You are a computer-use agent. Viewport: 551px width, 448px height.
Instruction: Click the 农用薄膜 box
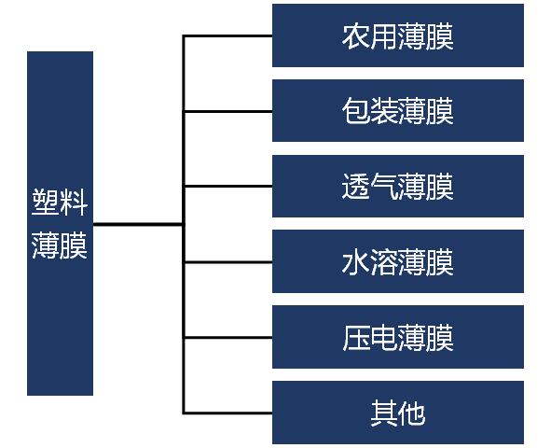point(398,35)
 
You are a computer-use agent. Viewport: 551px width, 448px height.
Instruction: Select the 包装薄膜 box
point(398,111)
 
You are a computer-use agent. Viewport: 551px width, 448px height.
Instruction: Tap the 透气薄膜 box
point(398,186)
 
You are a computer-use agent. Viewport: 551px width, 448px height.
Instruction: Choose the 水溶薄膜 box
point(398,261)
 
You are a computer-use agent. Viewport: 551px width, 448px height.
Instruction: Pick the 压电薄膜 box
point(398,337)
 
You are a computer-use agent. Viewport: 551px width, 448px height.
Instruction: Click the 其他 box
point(398,413)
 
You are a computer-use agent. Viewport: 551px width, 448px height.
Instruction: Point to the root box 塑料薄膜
point(60,224)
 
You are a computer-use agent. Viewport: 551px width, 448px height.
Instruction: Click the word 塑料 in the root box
point(60,202)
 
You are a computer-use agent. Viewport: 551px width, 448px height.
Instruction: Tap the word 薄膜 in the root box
point(60,245)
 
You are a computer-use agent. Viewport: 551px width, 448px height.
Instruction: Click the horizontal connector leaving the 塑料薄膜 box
point(138,224)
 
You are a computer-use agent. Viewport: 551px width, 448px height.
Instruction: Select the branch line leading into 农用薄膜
point(227,35)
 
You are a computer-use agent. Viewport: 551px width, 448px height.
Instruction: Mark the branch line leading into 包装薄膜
point(227,111)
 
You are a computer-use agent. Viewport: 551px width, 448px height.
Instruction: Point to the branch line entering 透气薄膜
point(227,186)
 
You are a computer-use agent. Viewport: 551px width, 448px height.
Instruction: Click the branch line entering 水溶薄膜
point(227,262)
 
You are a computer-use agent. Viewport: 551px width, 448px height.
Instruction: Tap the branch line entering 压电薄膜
point(227,338)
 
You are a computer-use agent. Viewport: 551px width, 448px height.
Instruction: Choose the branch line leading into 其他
point(227,413)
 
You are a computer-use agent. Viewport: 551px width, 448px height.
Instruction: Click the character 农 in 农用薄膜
point(355,36)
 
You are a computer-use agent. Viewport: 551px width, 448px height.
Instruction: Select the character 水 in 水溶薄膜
point(355,262)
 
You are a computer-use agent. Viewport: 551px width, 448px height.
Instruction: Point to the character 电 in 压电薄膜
point(384,338)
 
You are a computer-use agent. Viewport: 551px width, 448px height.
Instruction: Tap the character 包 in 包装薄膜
point(355,112)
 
